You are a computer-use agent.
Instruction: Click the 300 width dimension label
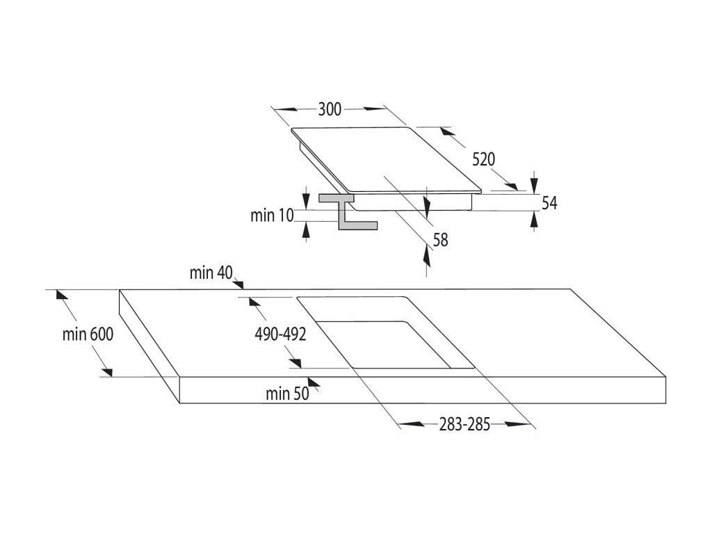tap(330, 109)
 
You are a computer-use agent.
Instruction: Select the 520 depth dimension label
tap(484, 160)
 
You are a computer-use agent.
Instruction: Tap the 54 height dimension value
tap(549, 203)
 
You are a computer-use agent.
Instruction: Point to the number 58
tap(440, 240)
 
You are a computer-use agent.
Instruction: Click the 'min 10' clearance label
tap(273, 216)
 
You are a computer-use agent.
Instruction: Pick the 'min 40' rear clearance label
tap(211, 273)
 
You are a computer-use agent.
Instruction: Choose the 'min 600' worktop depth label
tap(88, 334)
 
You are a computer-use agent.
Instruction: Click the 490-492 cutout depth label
tap(280, 334)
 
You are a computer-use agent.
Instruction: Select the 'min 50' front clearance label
tap(287, 394)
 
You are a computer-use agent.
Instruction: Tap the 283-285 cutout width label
tap(464, 425)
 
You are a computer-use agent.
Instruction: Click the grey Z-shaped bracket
tap(349, 211)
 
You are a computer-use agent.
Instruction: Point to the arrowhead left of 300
tap(285, 109)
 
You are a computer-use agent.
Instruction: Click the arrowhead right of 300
tap(374, 109)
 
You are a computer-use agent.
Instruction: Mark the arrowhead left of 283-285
tap(412, 425)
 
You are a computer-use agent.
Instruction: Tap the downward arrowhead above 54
tap(534, 184)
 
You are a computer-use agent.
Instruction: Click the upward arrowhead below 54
tap(534, 220)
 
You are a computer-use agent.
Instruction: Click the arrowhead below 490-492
tap(295, 363)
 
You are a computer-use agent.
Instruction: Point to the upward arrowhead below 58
tap(426, 256)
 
